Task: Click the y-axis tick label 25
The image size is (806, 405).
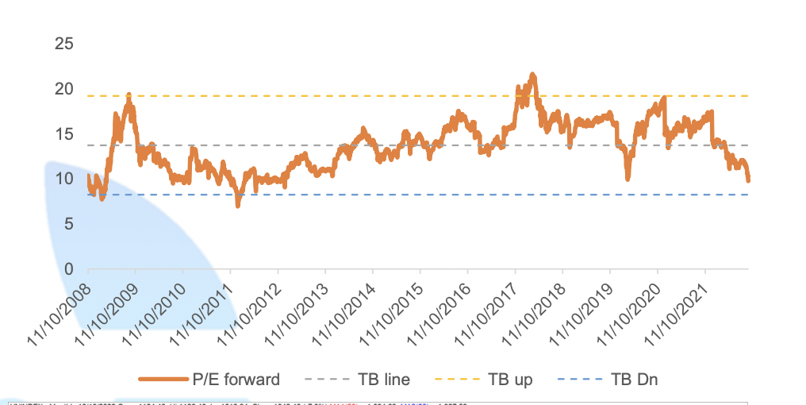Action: pyautogui.click(x=64, y=44)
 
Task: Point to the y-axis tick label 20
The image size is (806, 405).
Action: pyautogui.click(x=64, y=89)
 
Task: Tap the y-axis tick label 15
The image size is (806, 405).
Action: pyautogui.click(x=64, y=134)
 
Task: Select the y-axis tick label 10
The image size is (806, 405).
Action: pyautogui.click(x=64, y=179)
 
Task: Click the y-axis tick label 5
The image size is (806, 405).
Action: pyautogui.click(x=69, y=225)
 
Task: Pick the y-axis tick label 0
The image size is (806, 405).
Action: pyautogui.click(x=69, y=270)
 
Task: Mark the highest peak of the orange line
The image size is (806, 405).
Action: pyautogui.click(x=532, y=75)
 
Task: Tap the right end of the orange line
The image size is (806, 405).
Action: pyautogui.click(x=748, y=180)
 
